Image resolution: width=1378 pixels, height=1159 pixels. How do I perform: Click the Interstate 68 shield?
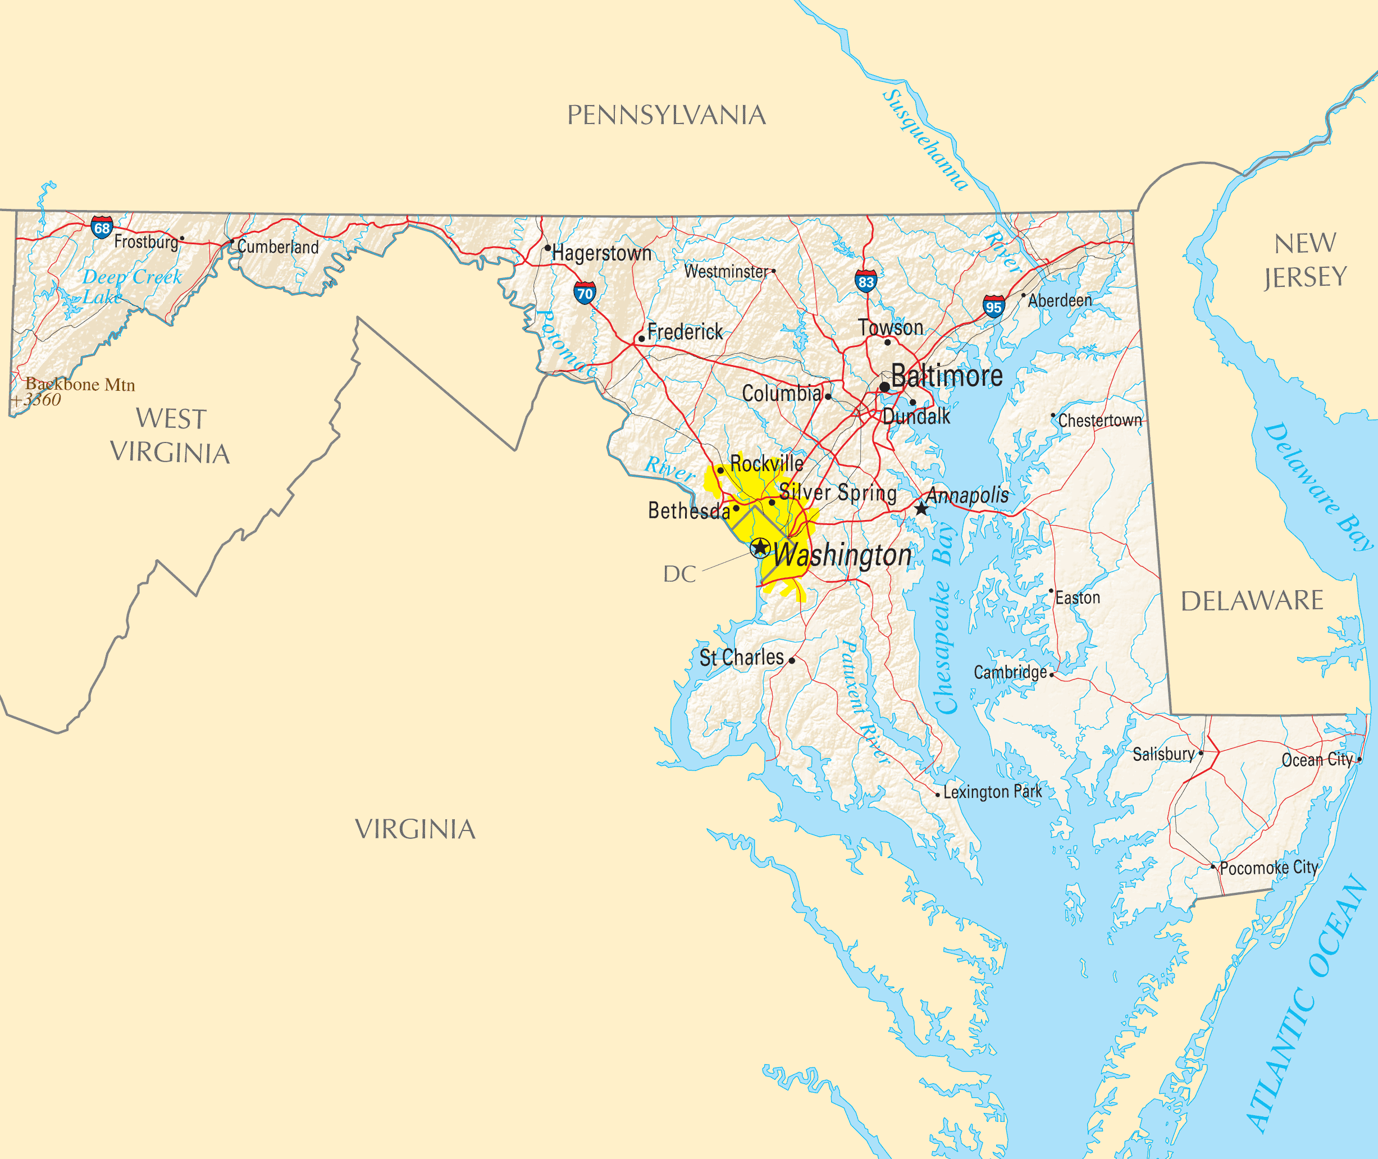coord(102,227)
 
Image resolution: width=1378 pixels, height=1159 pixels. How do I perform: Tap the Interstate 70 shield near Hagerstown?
coord(584,293)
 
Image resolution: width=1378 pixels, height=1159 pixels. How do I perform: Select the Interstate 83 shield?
coord(866,281)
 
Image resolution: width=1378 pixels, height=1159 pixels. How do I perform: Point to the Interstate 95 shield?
coord(993,306)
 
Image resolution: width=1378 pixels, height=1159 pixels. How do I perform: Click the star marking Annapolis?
coord(921,509)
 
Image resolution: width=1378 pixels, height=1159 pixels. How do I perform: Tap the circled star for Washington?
coord(760,547)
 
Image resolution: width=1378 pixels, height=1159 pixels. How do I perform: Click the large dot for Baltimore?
coord(884,387)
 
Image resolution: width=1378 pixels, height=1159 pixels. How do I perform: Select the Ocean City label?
coord(1316,760)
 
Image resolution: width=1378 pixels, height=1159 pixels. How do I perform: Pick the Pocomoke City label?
coord(1269,868)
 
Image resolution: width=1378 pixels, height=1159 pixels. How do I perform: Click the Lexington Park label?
coord(992,792)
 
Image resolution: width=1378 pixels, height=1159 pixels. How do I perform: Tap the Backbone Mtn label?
coord(80,384)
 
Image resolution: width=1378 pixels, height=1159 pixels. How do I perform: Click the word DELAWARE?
coord(1252,600)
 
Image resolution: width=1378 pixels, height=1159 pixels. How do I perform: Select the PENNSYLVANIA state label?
coord(667,115)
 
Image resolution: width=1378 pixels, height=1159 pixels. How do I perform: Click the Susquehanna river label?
coord(925,140)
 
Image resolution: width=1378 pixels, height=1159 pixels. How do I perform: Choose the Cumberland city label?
coord(278,247)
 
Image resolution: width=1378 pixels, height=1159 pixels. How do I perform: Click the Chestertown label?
coord(1099,421)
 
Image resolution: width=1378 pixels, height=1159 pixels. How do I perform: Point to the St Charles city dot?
coord(792,661)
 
